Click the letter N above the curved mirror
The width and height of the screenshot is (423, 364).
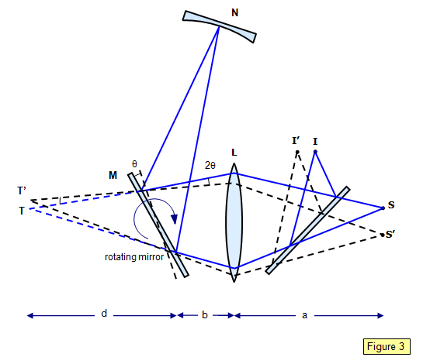pos(235,12)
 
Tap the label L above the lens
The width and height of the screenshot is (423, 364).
pos(234,153)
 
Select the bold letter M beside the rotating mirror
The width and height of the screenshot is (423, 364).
pos(113,175)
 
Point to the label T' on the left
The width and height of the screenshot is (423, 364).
pos(22,191)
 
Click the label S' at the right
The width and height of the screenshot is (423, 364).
pos(390,235)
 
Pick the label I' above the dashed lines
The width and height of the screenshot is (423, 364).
pos(296,140)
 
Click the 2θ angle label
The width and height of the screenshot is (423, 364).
pos(210,165)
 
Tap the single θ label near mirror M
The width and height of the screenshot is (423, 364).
pos(134,163)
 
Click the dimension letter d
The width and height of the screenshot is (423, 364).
pos(104,314)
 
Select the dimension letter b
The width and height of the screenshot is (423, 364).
pos(205,314)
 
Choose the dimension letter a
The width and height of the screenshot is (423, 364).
pos(304,315)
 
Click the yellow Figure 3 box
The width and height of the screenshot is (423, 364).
pos(387,346)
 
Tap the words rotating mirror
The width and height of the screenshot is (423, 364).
pos(134,257)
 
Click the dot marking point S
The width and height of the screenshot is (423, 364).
pos(383,208)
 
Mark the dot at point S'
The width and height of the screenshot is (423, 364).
pos(383,235)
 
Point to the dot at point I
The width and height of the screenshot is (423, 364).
pos(315,152)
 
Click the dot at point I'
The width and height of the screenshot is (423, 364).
pos(297,152)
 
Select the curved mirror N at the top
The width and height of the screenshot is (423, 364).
pos(220,26)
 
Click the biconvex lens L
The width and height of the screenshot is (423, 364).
pos(234,222)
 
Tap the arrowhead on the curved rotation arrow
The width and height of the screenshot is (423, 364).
pos(175,219)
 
